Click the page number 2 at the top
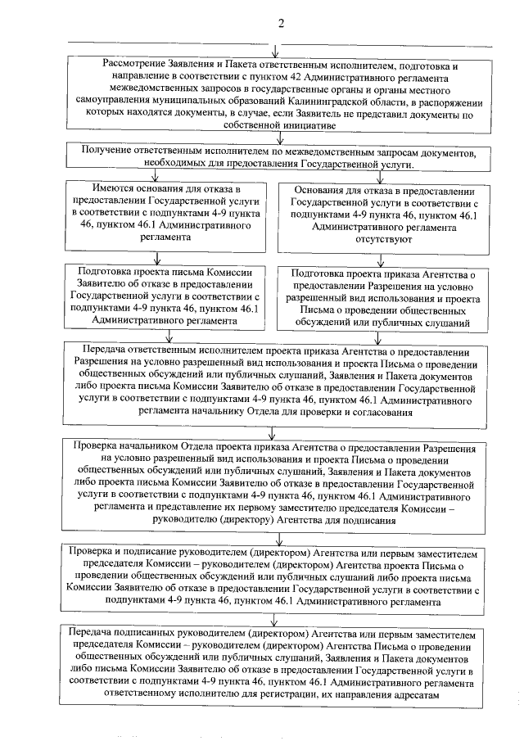281,23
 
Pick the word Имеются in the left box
97,190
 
